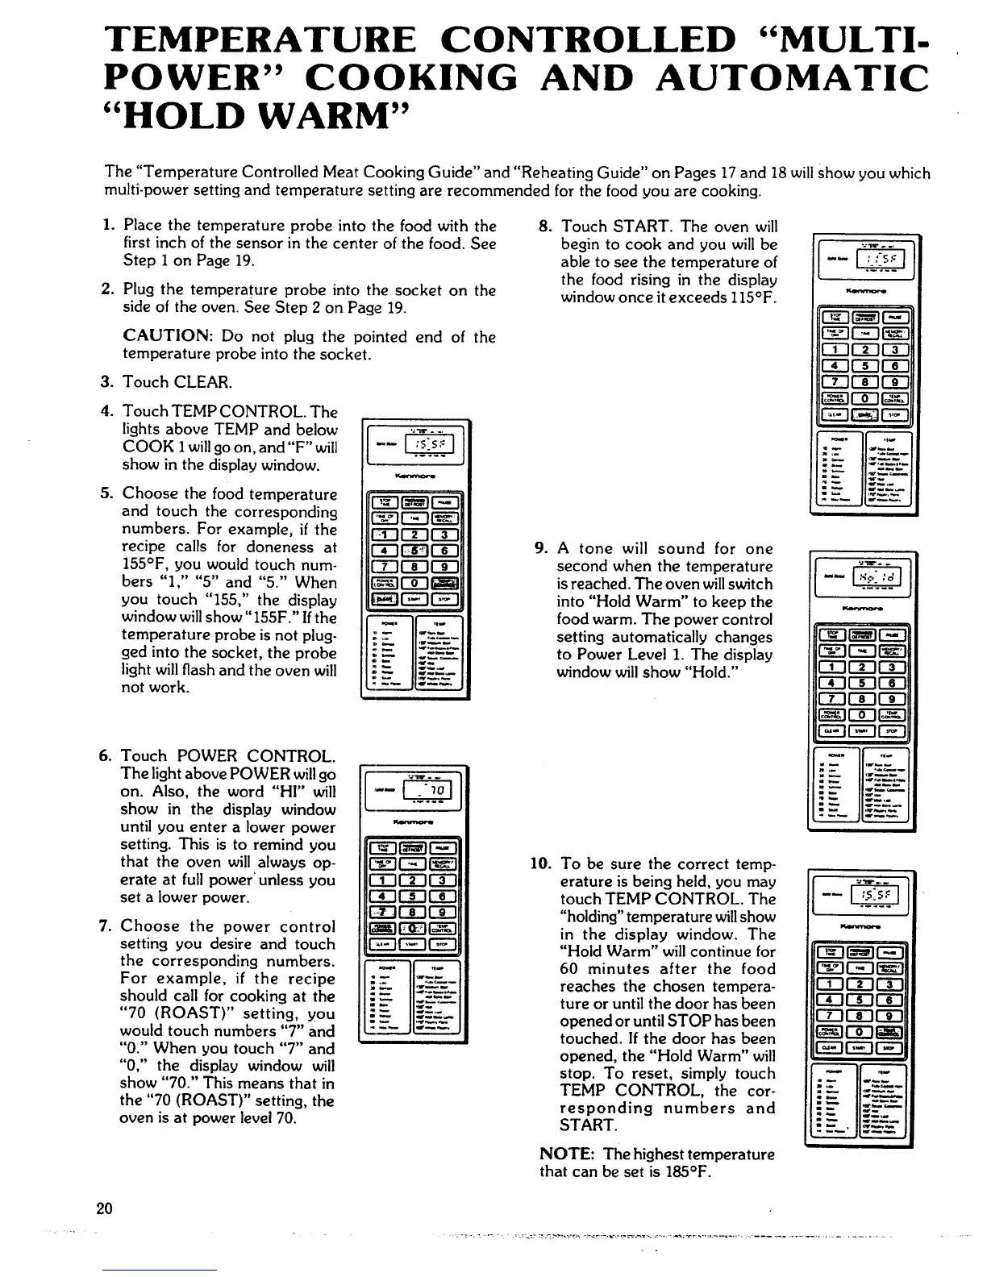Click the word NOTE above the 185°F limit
tap(565, 1154)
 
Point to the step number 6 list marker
tap(105, 756)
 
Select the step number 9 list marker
tap(542, 549)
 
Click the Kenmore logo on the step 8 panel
tap(861, 285)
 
